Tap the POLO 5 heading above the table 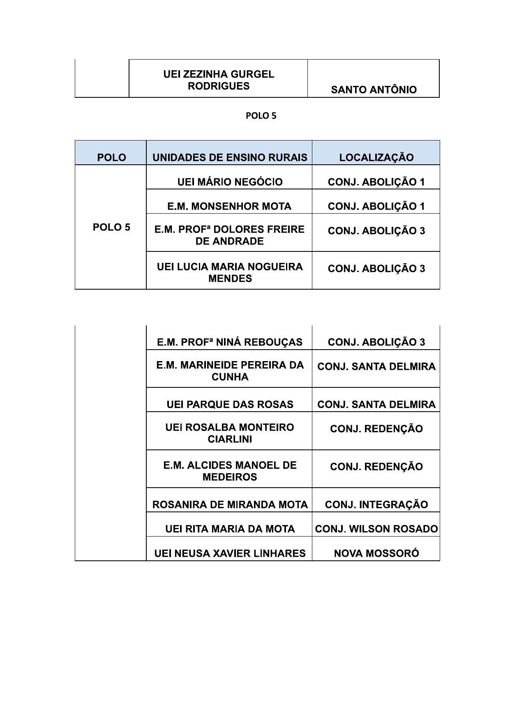point(261,116)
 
